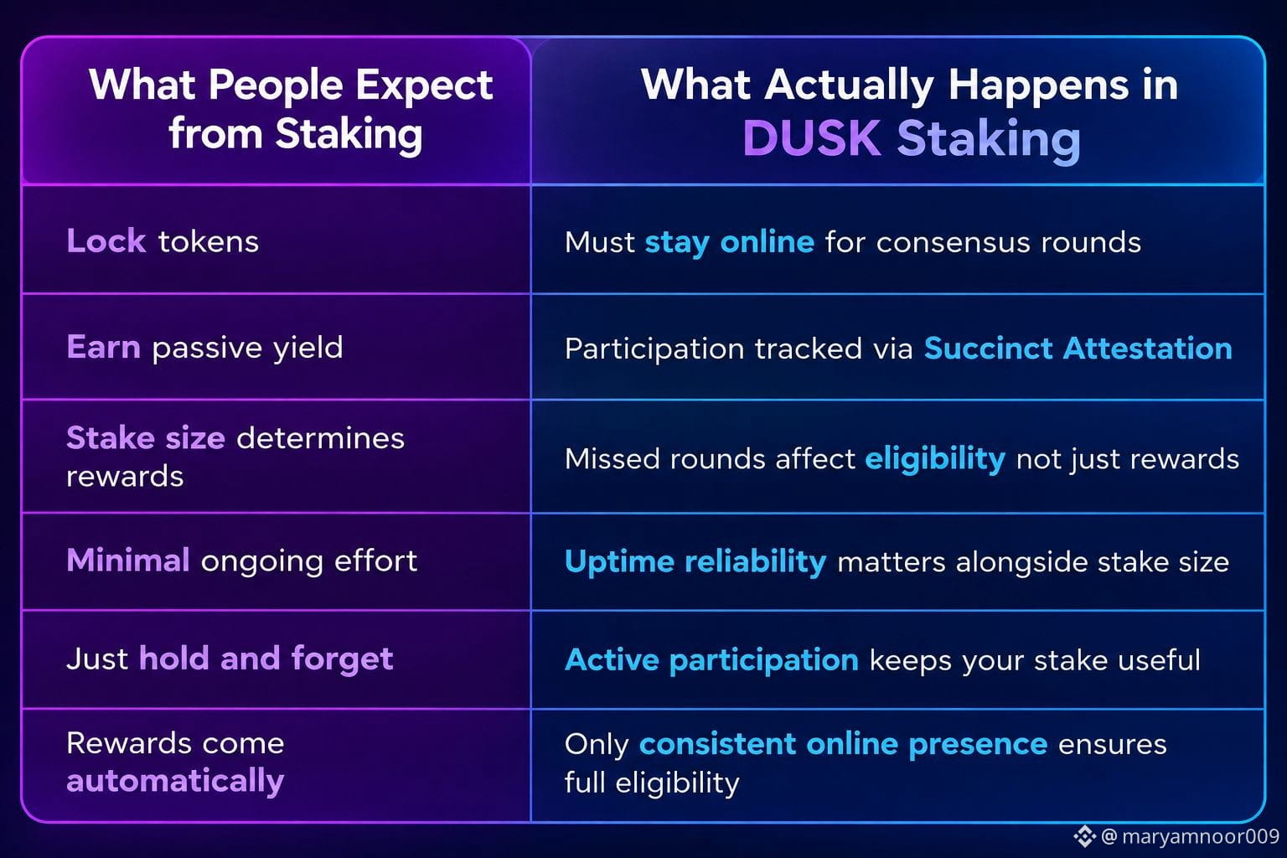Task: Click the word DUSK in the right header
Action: coord(811,138)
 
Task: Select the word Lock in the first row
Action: coord(106,240)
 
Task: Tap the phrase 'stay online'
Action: coord(730,242)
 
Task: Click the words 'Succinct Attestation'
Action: coord(1078,349)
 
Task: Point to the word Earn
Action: coord(103,347)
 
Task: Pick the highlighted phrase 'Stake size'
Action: coord(146,438)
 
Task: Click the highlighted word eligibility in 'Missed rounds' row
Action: coord(935,459)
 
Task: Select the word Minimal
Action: coord(128,560)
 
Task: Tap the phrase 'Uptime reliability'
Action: coord(695,562)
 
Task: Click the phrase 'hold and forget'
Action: coord(266,659)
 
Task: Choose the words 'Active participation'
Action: coord(712,660)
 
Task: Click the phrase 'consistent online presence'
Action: coord(844,745)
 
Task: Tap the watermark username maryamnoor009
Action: coord(1201,836)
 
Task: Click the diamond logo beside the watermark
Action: coord(1084,836)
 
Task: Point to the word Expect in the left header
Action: coord(424,85)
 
